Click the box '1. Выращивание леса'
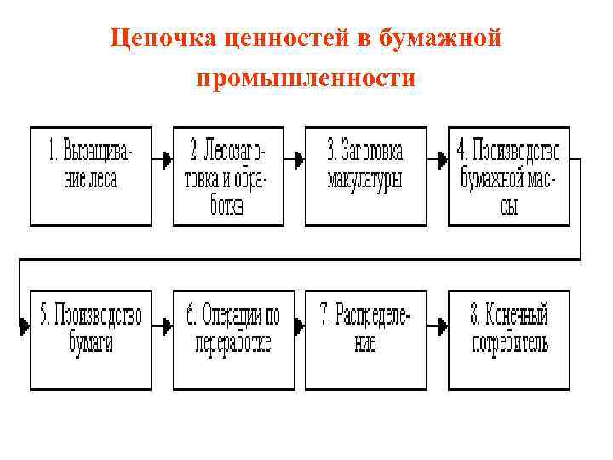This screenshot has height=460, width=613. tap(90, 175)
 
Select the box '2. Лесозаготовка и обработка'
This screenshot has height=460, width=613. tap(226, 175)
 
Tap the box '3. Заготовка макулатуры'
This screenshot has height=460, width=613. tap(364, 175)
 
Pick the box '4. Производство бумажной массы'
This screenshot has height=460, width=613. tap(508, 175)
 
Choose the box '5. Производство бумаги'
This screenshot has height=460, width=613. tap(90, 340)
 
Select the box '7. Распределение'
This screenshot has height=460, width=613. tap(364, 340)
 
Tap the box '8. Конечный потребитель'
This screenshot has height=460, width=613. tap(508, 340)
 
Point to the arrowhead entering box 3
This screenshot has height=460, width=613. tap(299, 158)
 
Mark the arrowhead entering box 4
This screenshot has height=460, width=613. tap(443, 158)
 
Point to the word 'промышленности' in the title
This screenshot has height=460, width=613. tap(306, 78)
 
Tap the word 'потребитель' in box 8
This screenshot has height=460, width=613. tap(509, 344)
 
